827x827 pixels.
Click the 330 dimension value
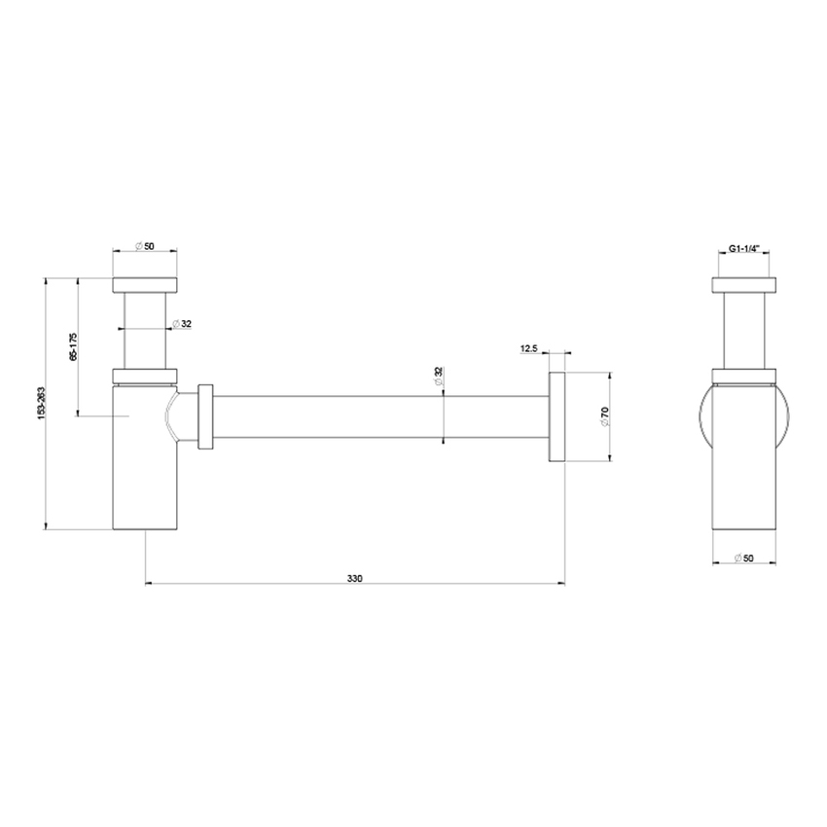[x=354, y=578]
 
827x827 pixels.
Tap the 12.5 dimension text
[x=530, y=347]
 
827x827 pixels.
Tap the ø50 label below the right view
[x=744, y=558]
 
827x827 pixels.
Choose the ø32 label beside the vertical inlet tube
[x=181, y=324]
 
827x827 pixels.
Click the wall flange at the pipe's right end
[x=557, y=416]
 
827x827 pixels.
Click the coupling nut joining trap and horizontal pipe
[x=205, y=416]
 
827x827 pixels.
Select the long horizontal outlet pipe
[x=379, y=416]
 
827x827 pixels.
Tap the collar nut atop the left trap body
[x=145, y=376]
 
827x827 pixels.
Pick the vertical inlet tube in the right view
[x=744, y=331]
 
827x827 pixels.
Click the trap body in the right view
[x=744, y=457]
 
